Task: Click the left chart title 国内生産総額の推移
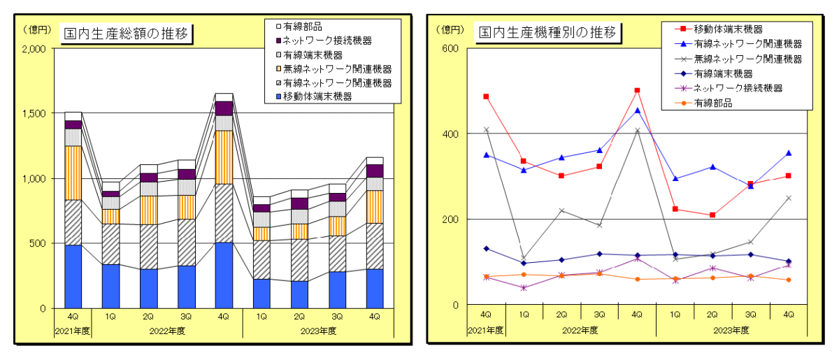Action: tap(126, 33)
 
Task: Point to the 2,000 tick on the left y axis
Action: tap(34, 49)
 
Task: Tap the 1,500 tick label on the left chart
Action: tap(34, 114)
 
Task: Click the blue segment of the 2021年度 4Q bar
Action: tap(73, 276)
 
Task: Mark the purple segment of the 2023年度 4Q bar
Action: tap(375, 171)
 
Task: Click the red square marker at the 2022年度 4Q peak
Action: tap(637, 90)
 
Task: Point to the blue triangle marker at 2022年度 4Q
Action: tap(637, 110)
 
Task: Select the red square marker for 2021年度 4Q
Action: tap(486, 96)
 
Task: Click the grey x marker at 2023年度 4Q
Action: tap(788, 198)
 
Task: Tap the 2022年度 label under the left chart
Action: tap(167, 330)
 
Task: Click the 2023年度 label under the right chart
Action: tap(731, 329)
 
